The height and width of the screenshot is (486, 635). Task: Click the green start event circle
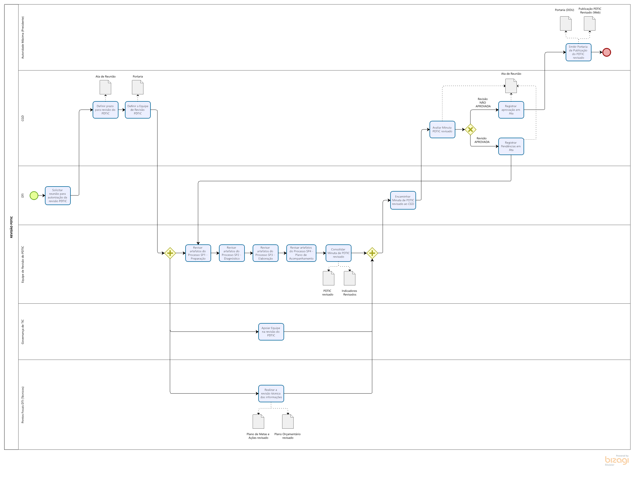[x=34, y=196]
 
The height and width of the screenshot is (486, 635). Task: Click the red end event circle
[x=606, y=52]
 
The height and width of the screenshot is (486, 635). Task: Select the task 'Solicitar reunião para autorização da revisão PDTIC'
[x=58, y=196]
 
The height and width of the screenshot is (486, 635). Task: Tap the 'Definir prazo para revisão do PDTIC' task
[x=105, y=110]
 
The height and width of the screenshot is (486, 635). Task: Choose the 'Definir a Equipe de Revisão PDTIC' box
[x=138, y=110]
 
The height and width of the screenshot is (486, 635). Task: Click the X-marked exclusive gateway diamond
[x=470, y=130]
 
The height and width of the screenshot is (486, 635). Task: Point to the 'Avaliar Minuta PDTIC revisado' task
[x=442, y=130]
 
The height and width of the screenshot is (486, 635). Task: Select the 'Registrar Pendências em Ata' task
[x=511, y=146]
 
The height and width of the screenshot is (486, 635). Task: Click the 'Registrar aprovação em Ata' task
[x=511, y=110]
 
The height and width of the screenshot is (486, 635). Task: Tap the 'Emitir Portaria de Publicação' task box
[x=578, y=52]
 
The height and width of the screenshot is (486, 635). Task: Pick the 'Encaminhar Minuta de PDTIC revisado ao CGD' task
[x=403, y=200]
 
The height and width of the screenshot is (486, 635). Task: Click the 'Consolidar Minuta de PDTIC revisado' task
[x=338, y=253]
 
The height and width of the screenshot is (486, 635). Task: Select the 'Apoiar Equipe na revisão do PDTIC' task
[x=271, y=332]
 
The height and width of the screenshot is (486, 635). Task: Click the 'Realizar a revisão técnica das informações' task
[x=271, y=393]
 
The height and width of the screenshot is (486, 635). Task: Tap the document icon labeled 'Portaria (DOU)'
[x=565, y=23]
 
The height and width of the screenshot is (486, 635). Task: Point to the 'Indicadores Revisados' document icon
[x=349, y=278]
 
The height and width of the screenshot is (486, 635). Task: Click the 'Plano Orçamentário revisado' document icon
[x=287, y=421]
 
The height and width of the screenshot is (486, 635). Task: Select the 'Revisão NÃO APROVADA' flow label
[x=483, y=103]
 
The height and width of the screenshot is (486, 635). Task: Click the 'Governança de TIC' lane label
[x=23, y=332]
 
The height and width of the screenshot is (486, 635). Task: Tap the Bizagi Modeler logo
[x=616, y=460]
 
